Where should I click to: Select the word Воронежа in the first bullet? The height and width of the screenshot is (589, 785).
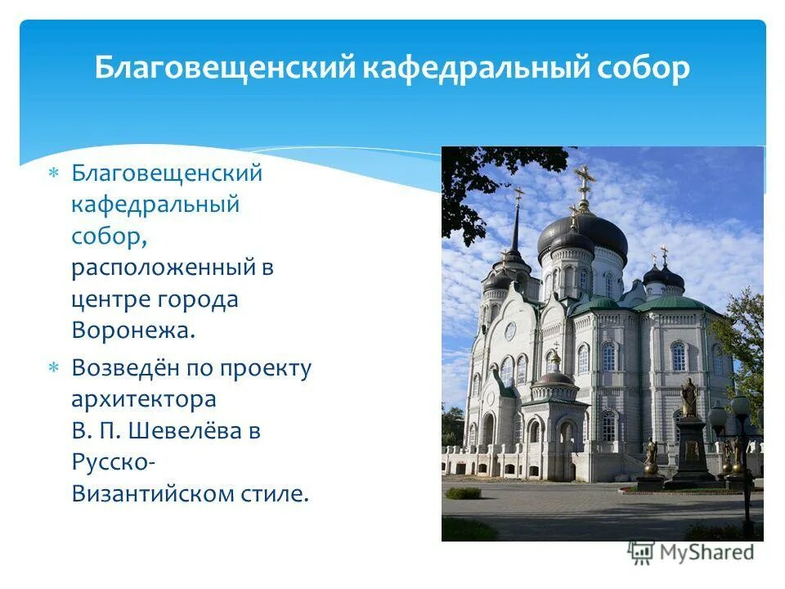pos(134,330)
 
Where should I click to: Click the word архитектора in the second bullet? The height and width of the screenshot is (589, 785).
pos(144,400)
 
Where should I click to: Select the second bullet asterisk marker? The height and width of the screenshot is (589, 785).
pos(53,369)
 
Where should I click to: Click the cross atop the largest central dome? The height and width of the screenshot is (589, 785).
pos(583,180)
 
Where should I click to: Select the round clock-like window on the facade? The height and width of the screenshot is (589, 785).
pos(509,331)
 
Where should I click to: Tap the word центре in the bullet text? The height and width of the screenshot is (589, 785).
pos(109,299)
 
